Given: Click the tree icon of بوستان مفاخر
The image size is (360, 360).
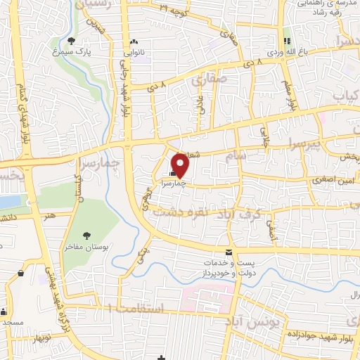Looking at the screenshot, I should tap(86, 236).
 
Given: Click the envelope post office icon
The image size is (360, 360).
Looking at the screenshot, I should tap(228, 251).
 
